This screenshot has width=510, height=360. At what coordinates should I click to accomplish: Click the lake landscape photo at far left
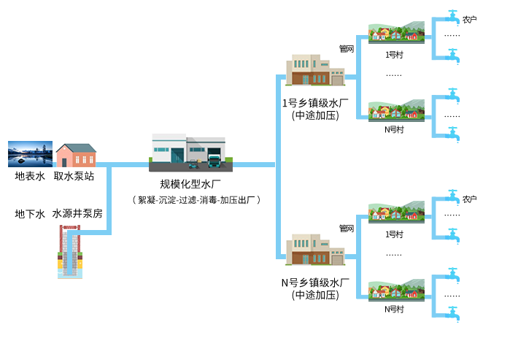[30, 154]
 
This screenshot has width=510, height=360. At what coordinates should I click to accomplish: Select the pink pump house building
[76, 155]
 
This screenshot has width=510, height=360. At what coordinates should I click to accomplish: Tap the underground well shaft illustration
[70, 251]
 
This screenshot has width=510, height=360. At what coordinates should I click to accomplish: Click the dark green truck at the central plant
[215, 158]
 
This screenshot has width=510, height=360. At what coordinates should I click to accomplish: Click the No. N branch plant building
[315, 250]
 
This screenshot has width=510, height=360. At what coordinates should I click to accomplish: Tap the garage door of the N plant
[337, 258]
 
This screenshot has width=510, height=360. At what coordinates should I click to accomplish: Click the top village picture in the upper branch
[396, 34]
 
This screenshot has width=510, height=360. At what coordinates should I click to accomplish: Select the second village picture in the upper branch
[396, 110]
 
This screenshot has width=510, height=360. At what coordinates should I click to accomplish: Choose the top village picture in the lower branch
[396, 212]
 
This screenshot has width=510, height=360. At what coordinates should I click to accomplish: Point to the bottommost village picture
[396, 290]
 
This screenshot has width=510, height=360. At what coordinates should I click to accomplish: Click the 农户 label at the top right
[470, 19]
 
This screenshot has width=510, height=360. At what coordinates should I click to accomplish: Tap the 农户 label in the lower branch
[470, 199]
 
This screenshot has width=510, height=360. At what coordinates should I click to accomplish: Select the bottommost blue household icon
[452, 314]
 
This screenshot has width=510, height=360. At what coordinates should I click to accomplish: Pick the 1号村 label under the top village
[394, 54]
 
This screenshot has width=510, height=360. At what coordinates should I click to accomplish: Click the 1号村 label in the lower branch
[394, 234]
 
